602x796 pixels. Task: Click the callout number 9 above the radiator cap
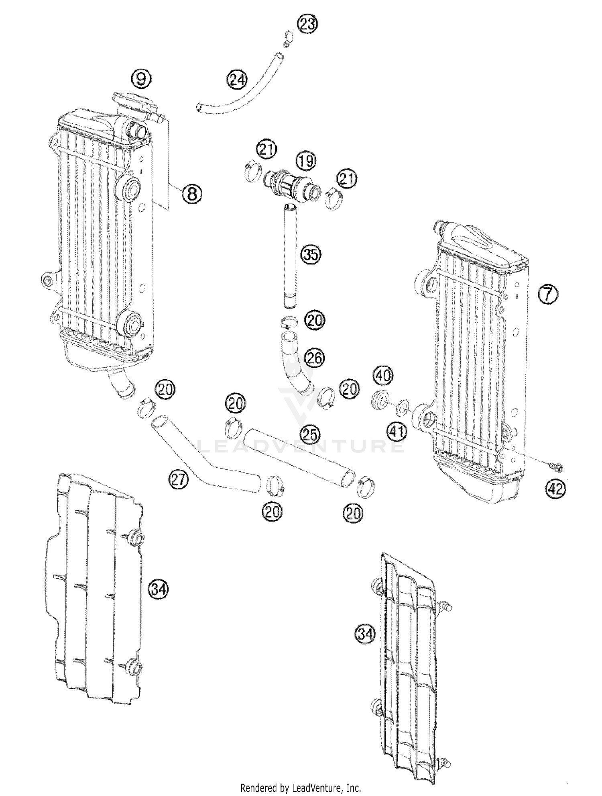141,79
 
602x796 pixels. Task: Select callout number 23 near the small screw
307,25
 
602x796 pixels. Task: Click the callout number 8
192,194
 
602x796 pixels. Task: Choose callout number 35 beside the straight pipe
311,255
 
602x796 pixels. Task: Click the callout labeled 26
314,358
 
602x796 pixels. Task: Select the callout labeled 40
384,377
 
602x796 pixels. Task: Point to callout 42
555,489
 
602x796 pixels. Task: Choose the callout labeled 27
178,480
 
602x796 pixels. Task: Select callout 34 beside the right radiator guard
365,634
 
